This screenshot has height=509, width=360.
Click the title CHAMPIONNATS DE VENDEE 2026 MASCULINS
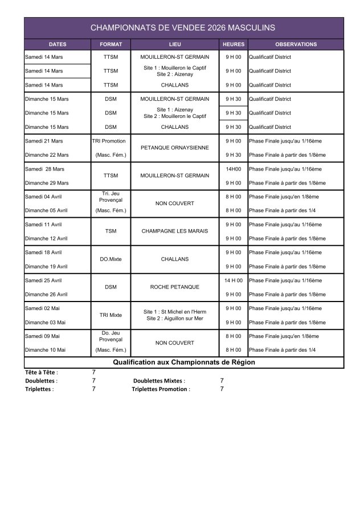point(183,27)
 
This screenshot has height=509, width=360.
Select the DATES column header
point(58,44)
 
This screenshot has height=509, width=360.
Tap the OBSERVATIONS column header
point(296,44)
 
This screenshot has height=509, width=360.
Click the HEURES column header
point(234,44)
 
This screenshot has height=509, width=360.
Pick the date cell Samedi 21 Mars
point(44,141)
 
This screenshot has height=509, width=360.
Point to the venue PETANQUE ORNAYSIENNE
point(174,148)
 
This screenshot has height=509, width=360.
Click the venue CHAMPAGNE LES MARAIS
point(174,231)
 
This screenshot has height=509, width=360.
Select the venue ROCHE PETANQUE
point(174,287)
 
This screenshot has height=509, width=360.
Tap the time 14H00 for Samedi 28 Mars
point(234,169)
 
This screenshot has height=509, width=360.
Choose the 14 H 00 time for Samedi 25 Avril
point(234,280)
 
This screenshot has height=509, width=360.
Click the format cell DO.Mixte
point(111,259)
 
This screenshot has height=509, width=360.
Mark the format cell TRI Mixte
point(111,315)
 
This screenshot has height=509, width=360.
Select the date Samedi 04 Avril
point(43,197)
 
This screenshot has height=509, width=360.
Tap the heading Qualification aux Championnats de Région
point(183,363)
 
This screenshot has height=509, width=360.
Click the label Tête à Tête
point(41,372)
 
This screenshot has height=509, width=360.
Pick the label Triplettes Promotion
point(161,389)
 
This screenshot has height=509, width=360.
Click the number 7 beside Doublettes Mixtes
point(222,380)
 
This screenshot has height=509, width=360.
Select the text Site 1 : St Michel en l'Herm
point(174,311)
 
